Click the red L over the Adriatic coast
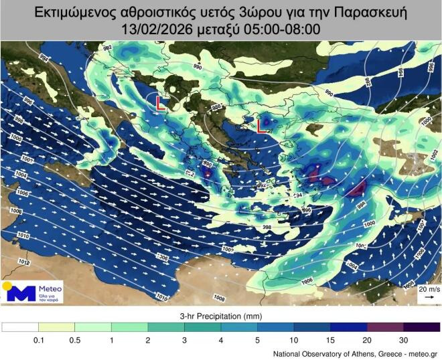click(161, 103)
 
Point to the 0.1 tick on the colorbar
click(39, 341)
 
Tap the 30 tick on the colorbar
click(403, 341)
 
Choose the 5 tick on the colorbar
click(257, 341)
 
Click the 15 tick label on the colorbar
click(330, 341)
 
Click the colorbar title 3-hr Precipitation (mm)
click(220, 314)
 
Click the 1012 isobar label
click(24, 262)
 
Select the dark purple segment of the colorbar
click(421, 327)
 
